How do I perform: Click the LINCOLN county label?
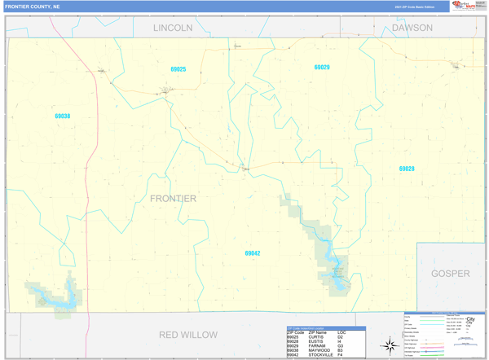pos(173,28)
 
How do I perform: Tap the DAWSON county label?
pos(412,28)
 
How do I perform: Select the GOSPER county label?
pos(450,274)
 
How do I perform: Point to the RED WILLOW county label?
pos(188,335)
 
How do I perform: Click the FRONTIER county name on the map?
pos(173,198)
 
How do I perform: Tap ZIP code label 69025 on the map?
pos(178,69)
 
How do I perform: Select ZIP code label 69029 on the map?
pos(321,67)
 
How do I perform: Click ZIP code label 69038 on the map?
pos(63,116)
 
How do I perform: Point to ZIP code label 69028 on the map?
pos(407,169)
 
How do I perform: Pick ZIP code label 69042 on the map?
pos(253,253)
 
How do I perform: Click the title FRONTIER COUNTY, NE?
pos(32,7)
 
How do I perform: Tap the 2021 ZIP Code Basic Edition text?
pos(414,7)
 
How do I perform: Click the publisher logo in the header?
pos(464,7)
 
